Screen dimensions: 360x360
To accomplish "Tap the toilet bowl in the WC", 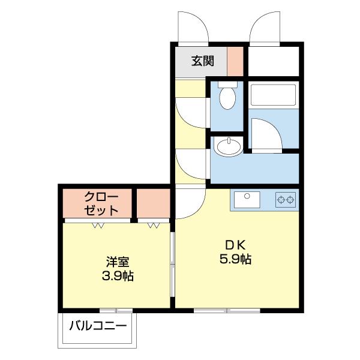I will point(228,99).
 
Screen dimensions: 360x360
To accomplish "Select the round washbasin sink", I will point(227,146).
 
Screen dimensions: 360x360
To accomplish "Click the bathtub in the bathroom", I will point(273,96).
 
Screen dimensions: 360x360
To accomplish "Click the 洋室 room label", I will point(118,262).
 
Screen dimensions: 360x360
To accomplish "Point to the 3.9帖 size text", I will point(118,277).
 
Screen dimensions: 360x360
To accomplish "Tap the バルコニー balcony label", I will point(98,327).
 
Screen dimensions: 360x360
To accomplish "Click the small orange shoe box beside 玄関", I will point(235,61).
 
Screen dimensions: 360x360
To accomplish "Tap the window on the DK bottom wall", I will point(227,310).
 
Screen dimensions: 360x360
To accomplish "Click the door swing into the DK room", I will point(191,204).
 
